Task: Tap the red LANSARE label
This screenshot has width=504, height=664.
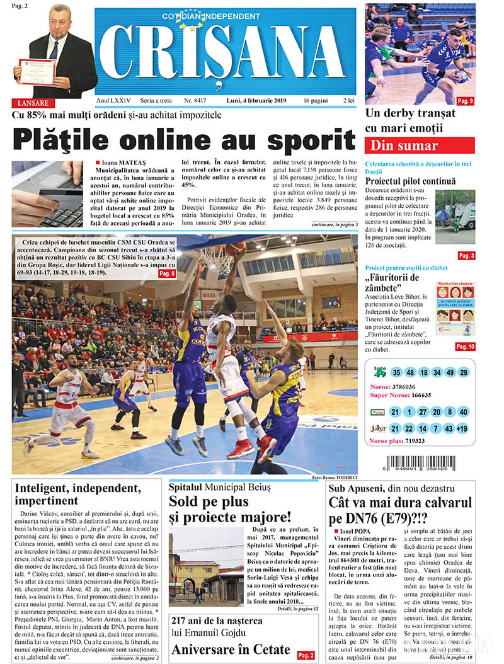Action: (x=33, y=103)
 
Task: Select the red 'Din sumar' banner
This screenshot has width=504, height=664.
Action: (x=420, y=146)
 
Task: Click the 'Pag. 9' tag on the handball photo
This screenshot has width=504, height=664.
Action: (x=465, y=101)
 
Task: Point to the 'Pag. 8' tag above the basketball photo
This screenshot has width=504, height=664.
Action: (x=166, y=273)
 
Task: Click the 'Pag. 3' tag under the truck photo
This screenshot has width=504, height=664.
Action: (x=466, y=255)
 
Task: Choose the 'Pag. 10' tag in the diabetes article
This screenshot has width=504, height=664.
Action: (x=465, y=346)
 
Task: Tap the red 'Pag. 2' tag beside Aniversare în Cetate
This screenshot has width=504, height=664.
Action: (x=306, y=655)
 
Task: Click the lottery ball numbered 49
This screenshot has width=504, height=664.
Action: (x=448, y=372)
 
